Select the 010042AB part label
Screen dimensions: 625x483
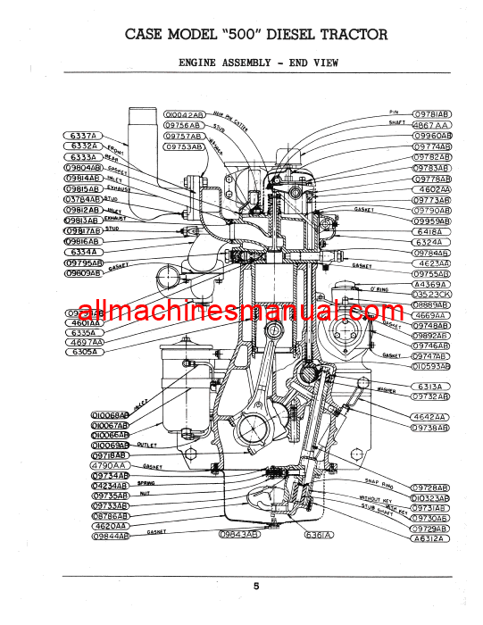tap(184, 115)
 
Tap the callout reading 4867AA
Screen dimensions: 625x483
tap(432, 125)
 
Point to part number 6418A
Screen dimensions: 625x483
tap(432, 231)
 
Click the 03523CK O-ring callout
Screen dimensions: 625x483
tap(432, 294)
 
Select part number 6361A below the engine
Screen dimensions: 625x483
tap(318, 536)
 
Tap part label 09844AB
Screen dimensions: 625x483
tap(110, 537)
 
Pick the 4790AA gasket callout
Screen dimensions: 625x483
tap(110, 465)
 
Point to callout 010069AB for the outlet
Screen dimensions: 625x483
tap(110, 445)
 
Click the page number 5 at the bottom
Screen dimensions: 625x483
tap(255, 586)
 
